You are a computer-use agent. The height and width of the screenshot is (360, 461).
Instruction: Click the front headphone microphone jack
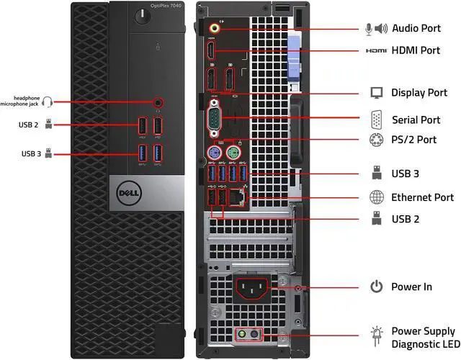(x=158, y=103)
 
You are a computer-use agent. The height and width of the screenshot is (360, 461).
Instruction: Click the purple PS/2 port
(x=213, y=153)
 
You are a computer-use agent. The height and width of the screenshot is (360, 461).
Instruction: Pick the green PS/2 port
(x=232, y=153)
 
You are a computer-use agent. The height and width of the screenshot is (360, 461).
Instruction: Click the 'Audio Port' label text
(x=421, y=28)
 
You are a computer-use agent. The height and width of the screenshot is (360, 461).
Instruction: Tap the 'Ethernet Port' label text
(x=422, y=197)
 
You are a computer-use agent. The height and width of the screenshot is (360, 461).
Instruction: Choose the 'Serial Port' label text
(x=416, y=120)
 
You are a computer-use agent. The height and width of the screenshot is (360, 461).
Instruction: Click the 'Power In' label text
(x=411, y=287)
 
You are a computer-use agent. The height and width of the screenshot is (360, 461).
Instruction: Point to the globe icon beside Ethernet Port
(x=376, y=197)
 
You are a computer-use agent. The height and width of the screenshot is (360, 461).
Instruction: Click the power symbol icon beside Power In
(x=376, y=287)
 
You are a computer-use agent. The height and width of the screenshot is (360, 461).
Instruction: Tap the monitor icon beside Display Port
(x=376, y=93)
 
